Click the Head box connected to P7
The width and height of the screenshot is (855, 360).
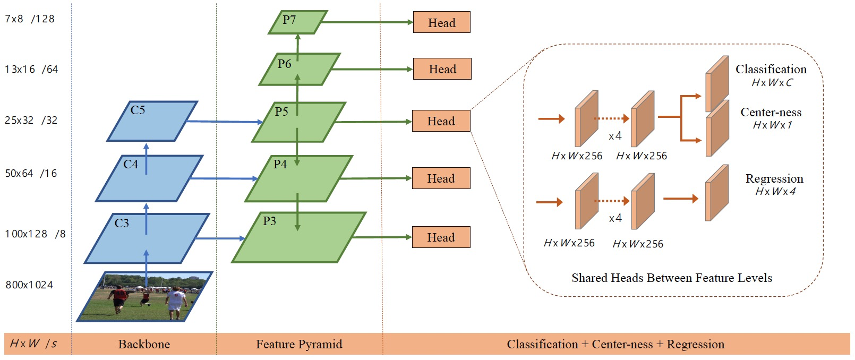pyautogui.click(x=441, y=22)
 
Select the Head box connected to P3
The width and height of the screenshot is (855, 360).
pyautogui.click(x=441, y=237)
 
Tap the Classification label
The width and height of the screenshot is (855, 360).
pyautogui.click(x=771, y=69)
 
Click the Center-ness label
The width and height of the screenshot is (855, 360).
pyautogui.click(x=771, y=112)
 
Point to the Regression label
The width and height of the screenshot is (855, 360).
pyautogui.click(x=774, y=178)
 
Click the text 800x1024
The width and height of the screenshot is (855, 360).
pyautogui.click(x=29, y=285)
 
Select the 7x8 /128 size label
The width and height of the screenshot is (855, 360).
pyautogui.click(x=30, y=19)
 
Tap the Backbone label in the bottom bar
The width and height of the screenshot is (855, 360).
pyautogui.click(x=144, y=344)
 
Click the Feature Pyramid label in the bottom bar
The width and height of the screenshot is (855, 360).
pyautogui.click(x=299, y=344)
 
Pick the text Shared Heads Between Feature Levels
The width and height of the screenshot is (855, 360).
pyautogui.click(x=671, y=278)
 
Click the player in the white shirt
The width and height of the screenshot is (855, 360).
pyautogui.click(x=175, y=303)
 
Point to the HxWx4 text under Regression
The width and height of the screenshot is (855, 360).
pyautogui.click(x=775, y=192)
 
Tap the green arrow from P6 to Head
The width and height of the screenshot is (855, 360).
pyautogui.click(x=372, y=69)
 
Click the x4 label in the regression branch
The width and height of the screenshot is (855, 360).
pyautogui.click(x=615, y=218)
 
